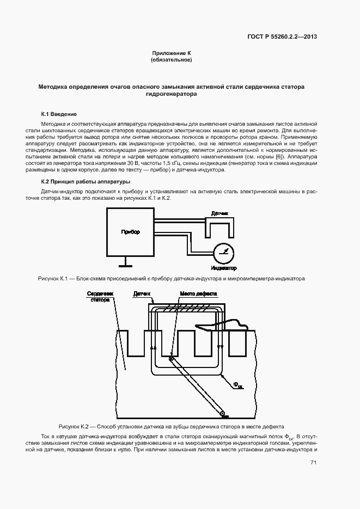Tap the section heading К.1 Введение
(59, 114)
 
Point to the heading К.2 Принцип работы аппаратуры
(86, 181)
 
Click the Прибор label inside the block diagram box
(130, 232)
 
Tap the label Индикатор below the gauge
(223, 268)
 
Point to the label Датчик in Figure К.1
(220, 213)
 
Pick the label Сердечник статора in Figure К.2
(99, 296)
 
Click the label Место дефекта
(199, 293)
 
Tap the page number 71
(314, 463)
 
